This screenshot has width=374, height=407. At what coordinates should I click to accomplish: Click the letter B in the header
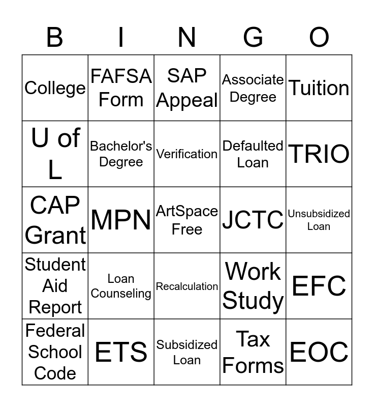(55, 37)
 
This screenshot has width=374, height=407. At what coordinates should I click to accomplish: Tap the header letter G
(253, 37)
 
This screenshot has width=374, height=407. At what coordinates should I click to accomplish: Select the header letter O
(319, 37)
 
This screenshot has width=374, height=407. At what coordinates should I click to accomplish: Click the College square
(55, 88)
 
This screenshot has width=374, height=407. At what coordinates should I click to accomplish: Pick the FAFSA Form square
(121, 88)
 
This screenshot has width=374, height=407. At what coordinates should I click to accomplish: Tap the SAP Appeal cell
(187, 88)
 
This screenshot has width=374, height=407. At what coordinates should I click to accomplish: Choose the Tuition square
(319, 88)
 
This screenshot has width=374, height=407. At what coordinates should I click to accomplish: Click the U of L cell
(55, 154)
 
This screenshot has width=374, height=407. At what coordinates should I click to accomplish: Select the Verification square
(187, 154)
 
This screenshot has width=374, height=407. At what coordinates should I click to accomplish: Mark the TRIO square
(319, 154)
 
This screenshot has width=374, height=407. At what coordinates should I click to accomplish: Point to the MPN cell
(121, 220)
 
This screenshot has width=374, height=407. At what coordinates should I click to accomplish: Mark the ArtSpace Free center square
(187, 220)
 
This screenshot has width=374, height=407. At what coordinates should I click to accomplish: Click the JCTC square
(253, 220)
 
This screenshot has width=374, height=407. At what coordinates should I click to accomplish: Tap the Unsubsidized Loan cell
(319, 220)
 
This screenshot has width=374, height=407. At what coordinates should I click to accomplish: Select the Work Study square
(253, 286)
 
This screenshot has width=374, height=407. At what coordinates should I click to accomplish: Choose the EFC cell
(319, 286)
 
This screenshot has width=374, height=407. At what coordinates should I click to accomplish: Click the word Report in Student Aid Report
(55, 307)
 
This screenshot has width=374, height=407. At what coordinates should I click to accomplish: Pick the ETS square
(121, 352)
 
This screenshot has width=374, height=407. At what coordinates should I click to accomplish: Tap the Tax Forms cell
(253, 352)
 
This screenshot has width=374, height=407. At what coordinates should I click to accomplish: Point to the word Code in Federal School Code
(55, 373)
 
